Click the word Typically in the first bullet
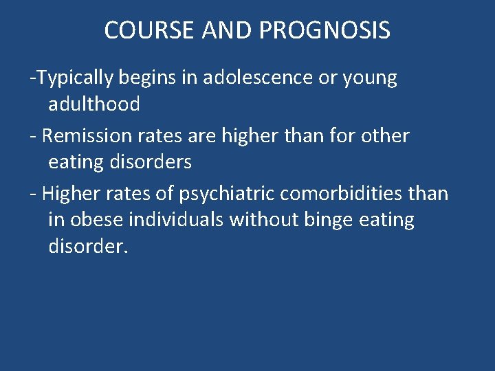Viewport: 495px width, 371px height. click(75, 78)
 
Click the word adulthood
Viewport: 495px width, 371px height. click(94, 104)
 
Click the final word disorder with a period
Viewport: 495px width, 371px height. click(88, 246)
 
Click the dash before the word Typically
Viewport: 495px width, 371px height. click(32, 78)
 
